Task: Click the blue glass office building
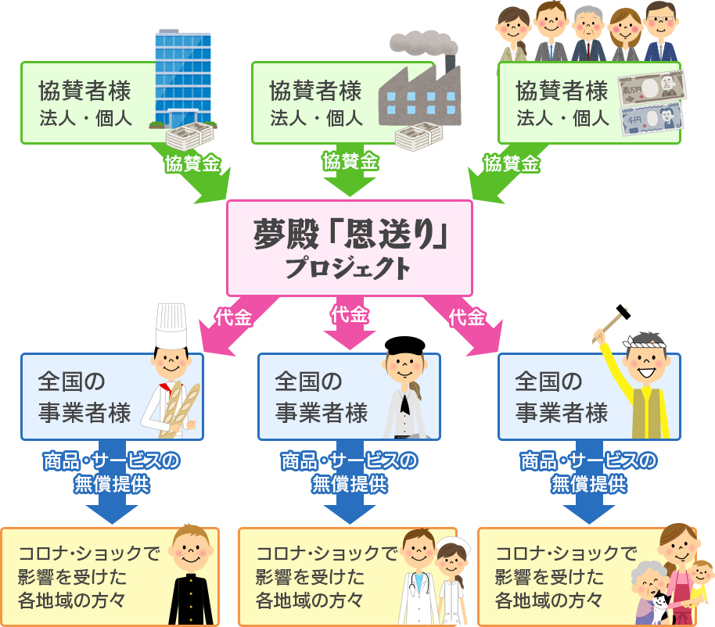pyautogui.click(x=183, y=78)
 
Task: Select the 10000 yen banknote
pyautogui.click(x=652, y=88)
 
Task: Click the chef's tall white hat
pyautogui.click(x=171, y=325)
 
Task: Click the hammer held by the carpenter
pyautogui.click(x=611, y=323)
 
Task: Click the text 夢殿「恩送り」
pyautogui.click(x=350, y=235)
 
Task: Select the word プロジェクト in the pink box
pyautogui.click(x=348, y=269)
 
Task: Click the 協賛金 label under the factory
pyautogui.click(x=350, y=161)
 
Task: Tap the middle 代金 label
pyautogui.click(x=350, y=314)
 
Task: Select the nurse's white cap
pyautogui.click(x=452, y=544)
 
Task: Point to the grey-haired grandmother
pyautogui.click(x=648, y=592)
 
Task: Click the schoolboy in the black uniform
pyautogui.click(x=191, y=575)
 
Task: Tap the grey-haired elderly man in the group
pyautogui.click(x=587, y=34)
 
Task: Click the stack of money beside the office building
pyautogui.click(x=189, y=136)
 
